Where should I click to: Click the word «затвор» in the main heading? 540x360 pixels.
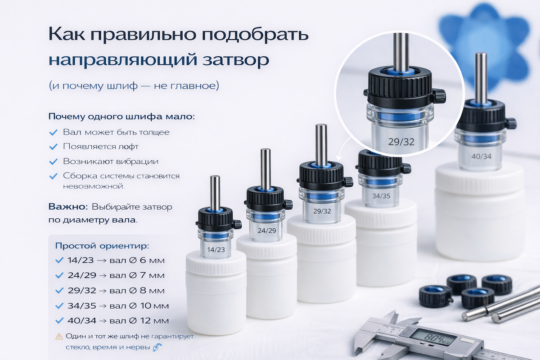(236, 60)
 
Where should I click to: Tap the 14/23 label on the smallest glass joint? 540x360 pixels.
(216, 250)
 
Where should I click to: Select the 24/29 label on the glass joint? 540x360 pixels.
(266, 231)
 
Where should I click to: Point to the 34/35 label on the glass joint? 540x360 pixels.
(381, 196)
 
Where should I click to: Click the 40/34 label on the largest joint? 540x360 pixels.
(481, 157)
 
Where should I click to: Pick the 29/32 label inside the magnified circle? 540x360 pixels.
(401, 142)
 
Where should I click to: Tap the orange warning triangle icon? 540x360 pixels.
(59, 336)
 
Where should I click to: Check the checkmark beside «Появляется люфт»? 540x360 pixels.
(53, 147)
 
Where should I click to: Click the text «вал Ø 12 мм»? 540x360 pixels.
(139, 321)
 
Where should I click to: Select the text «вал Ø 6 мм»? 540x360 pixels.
(137, 261)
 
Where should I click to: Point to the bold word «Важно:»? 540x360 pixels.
(68, 207)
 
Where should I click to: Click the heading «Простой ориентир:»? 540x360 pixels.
(102, 246)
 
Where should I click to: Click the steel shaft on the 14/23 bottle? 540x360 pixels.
(215, 193)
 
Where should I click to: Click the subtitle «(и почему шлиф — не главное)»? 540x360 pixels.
(134, 85)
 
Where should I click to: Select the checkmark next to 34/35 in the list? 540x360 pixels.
(59, 306)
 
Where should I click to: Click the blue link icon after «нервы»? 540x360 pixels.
(157, 347)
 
